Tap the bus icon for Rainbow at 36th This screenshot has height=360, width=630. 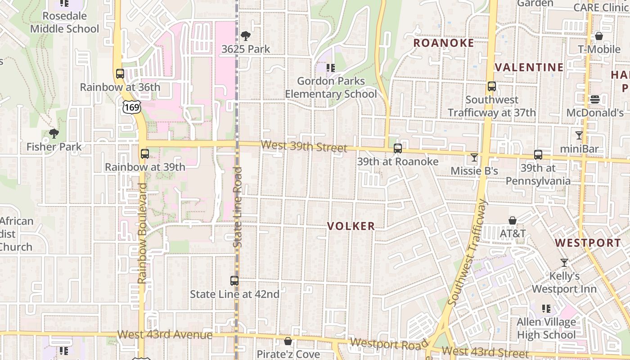coord(120,74)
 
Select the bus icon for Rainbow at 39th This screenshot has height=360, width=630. coord(144,154)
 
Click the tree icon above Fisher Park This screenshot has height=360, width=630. coord(54,134)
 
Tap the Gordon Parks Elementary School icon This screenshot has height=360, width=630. coord(331,68)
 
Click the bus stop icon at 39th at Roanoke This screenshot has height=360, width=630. coord(397,148)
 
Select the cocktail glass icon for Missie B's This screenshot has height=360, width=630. coord(474,157)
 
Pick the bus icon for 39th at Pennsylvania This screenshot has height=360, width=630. coord(538,155)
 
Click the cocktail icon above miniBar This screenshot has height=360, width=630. coord(579,135)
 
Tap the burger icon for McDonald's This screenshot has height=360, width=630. coord(595,99)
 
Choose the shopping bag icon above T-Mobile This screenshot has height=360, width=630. coord(598,36)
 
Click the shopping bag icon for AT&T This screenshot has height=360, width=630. coord(512,220)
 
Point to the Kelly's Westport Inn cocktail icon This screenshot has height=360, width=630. coord(564,262)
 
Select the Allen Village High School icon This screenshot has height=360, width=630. coord(546,309)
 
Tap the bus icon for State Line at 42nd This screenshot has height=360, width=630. coord(234,281)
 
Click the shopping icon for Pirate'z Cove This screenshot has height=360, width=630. coord(288,341)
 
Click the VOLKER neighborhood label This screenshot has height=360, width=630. coord(351,226)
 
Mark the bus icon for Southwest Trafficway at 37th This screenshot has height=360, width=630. coord(491,86)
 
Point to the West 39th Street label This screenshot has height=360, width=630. coord(304,147)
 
